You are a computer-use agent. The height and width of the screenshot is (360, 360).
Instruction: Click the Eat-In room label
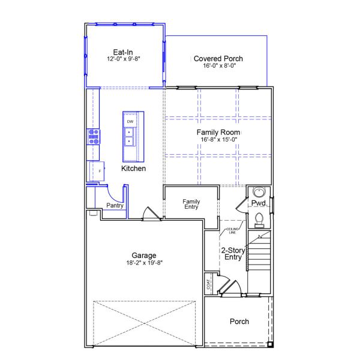coord(123,52)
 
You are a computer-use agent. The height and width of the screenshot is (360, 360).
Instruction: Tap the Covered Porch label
coord(218,58)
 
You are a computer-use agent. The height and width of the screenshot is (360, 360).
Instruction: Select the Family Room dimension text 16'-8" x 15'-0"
coord(219,139)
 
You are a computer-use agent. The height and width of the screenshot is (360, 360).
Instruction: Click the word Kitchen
coord(133,169)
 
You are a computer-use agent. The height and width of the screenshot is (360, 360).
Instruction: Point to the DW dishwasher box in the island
coord(130,122)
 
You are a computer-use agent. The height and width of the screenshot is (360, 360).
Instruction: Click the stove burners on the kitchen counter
coord(94,137)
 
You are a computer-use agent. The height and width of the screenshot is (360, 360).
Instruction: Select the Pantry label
coord(115,206)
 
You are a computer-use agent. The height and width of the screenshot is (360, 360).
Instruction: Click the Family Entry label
coord(191,204)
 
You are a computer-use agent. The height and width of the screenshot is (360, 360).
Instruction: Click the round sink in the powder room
coord(259,192)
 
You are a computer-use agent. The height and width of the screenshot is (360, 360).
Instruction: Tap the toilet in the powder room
coord(259,219)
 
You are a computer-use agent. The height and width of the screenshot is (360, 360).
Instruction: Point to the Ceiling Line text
coord(232,230)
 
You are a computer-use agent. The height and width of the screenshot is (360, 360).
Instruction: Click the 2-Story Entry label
coord(232,254)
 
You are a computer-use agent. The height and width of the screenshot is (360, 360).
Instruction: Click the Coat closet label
coord(209,283)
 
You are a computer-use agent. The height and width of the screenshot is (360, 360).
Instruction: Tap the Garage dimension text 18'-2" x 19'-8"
coord(145,262)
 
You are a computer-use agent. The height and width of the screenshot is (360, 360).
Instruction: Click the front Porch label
coord(239,322)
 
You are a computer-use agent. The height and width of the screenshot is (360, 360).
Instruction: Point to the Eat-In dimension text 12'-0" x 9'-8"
coord(123,59)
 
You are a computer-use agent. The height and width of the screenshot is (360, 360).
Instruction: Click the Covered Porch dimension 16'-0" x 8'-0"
coord(219,65)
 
